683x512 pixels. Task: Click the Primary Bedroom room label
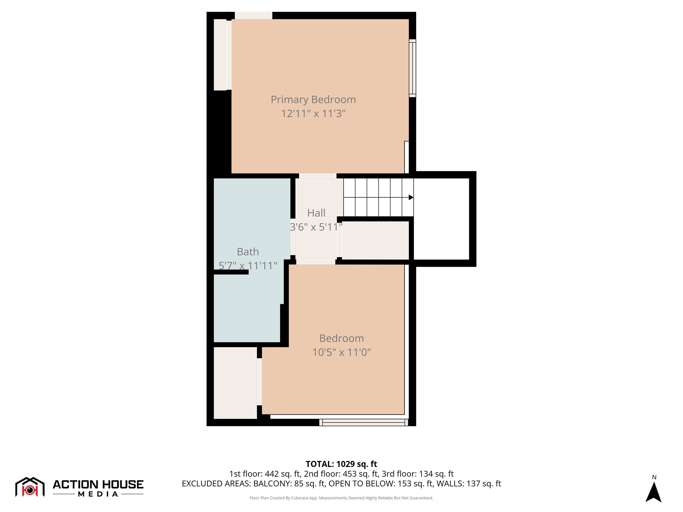pyautogui.click(x=313, y=100)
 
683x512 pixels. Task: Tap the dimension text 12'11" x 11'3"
pyautogui.click(x=313, y=114)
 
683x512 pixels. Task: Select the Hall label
pyautogui.click(x=316, y=213)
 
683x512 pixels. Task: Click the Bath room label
pyautogui.click(x=248, y=252)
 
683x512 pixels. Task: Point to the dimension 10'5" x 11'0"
pyautogui.click(x=341, y=352)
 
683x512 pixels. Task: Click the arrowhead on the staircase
pyautogui.click(x=411, y=197)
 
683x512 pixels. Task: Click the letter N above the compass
pyautogui.click(x=654, y=477)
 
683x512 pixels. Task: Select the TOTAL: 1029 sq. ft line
pyautogui.click(x=341, y=464)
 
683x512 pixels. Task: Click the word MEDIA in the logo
pyautogui.click(x=98, y=494)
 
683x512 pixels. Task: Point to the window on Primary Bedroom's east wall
pyautogui.click(x=413, y=68)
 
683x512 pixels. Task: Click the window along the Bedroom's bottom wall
pyautogui.click(x=364, y=422)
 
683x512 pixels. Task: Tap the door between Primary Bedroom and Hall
pyautogui.click(x=317, y=176)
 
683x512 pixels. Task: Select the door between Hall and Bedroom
pyautogui.click(x=316, y=262)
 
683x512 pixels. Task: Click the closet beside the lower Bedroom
pyautogui.click(x=235, y=383)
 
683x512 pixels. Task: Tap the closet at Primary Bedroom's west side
pyautogui.click(x=220, y=55)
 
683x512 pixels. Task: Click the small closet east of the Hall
pyautogui.click(x=375, y=240)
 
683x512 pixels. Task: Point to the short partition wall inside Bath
pyautogui.click(x=231, y=272)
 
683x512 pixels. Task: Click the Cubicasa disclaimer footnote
pyautogui.click(x=341, y=498)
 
